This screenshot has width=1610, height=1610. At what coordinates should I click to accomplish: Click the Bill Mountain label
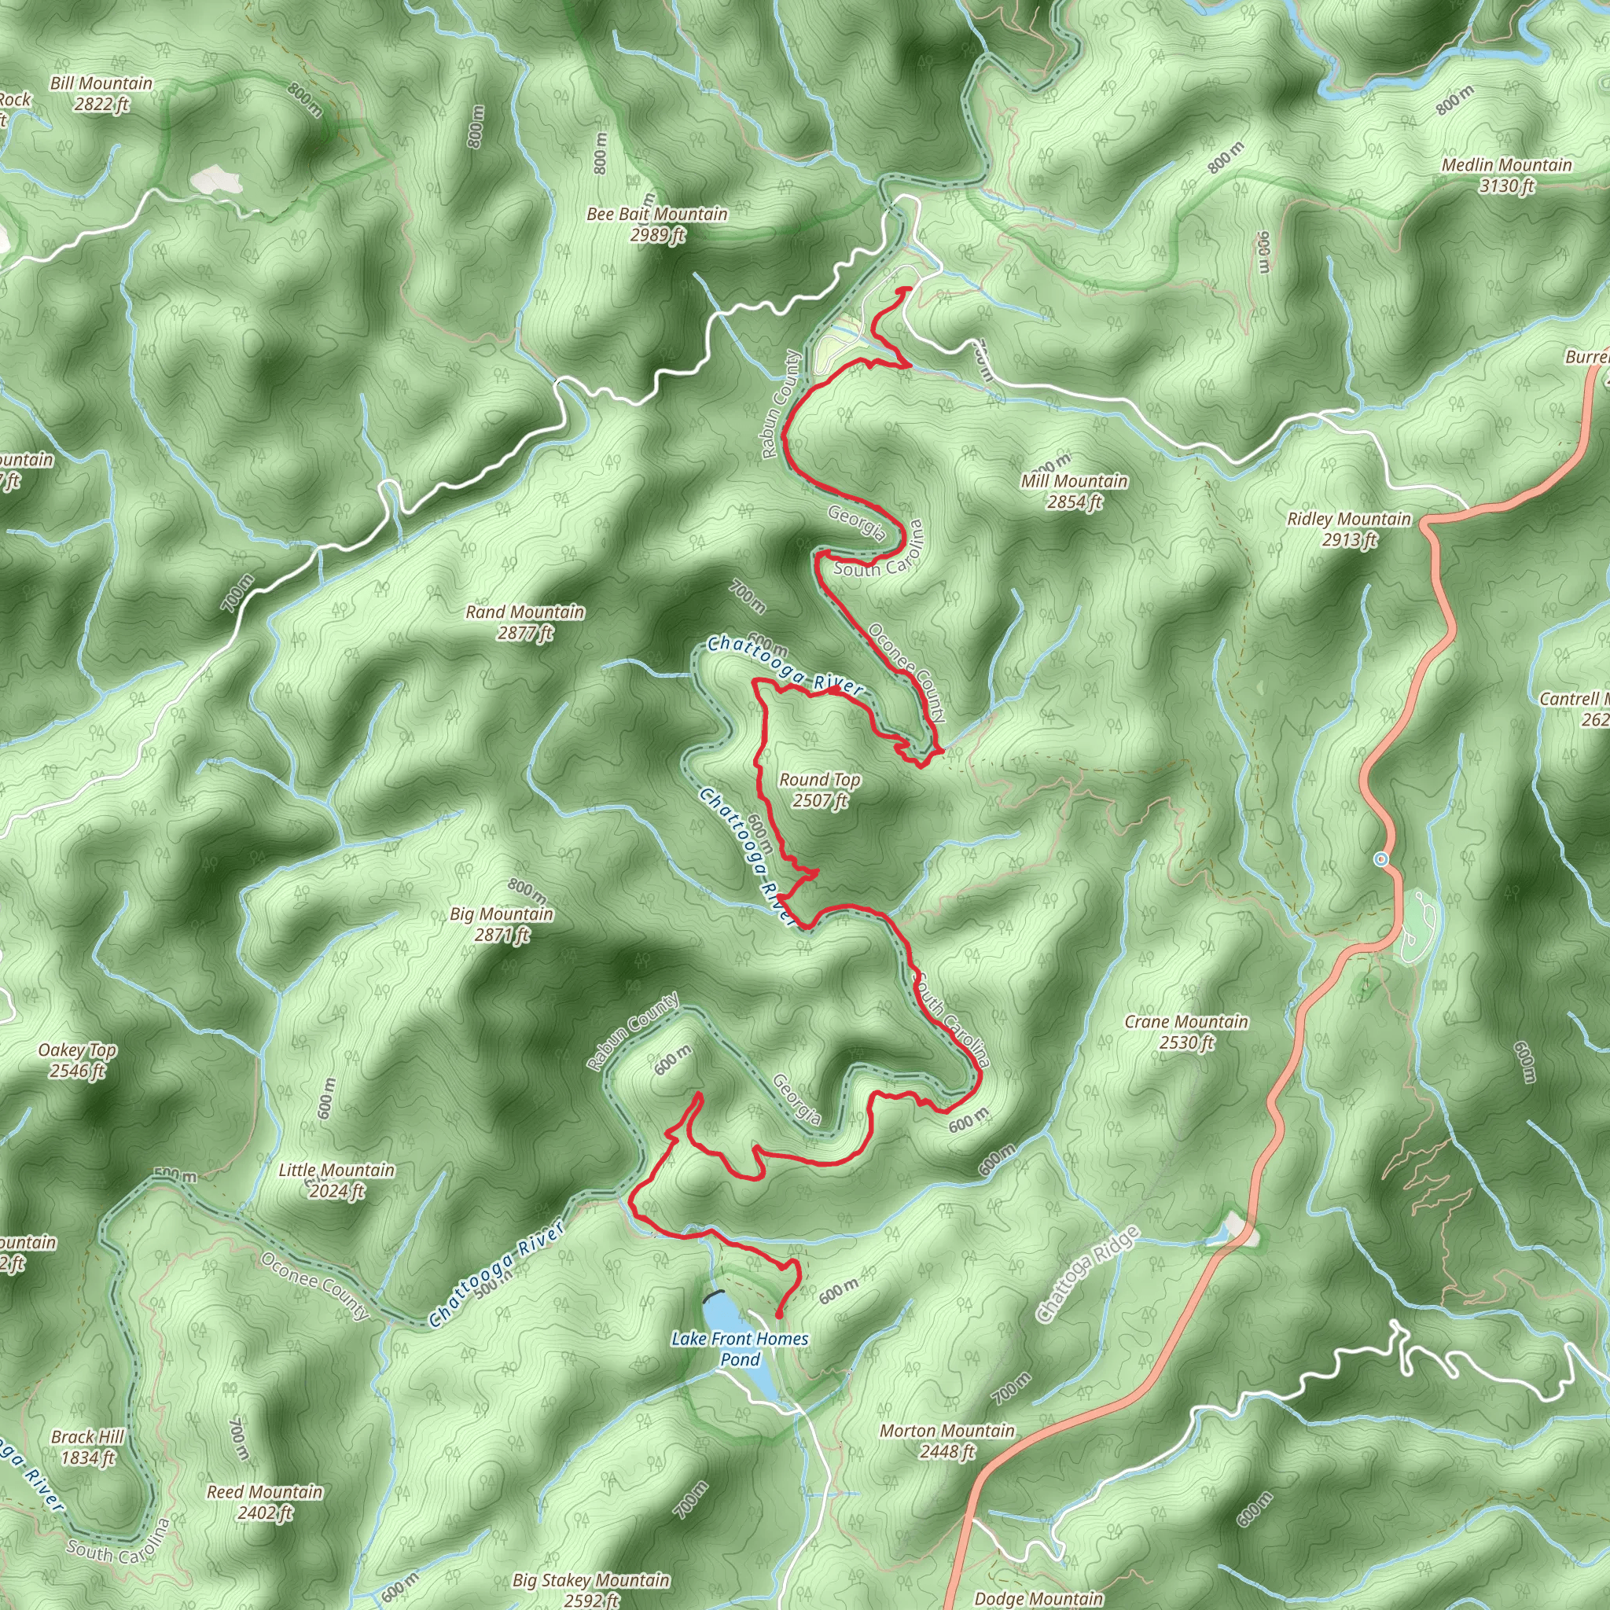coord(101,94)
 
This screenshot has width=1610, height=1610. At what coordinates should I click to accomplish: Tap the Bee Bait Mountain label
coord(656,224)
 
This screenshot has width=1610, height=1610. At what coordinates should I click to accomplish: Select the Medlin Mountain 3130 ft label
coord(1507,175)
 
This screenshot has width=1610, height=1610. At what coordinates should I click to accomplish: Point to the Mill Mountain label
coord(1074,491)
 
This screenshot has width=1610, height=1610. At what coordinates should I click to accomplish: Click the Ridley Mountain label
coord(1349,528)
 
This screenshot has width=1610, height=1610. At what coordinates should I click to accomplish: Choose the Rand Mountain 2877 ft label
coord(525,622)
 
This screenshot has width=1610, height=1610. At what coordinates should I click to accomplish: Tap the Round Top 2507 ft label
coord(820,789)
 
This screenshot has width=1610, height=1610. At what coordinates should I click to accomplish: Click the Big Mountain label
coord(502,924)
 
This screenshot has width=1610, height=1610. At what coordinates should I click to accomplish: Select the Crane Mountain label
coord(1186,1031)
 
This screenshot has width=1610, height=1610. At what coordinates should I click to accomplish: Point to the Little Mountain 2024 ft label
coord(336,1180)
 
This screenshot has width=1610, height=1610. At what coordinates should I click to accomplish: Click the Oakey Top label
coord(78,1060)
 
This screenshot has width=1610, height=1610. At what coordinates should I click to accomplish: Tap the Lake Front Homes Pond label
coord(740,1348)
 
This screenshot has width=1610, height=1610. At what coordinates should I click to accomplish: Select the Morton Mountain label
coord(947,1441)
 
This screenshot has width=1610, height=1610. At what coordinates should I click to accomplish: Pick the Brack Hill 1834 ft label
coord(87,1446)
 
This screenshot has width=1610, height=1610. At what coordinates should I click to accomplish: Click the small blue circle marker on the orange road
coord(1382,858)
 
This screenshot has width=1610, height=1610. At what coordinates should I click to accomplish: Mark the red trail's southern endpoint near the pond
coord(778,1316)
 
